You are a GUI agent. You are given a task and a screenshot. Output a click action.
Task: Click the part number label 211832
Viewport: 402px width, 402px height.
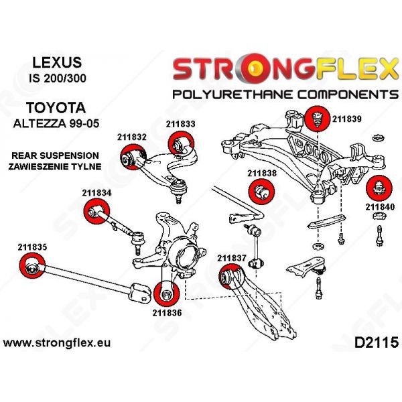(x=131, y=136)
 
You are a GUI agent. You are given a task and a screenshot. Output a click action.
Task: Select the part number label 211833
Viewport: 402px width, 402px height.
(x=181, y=124)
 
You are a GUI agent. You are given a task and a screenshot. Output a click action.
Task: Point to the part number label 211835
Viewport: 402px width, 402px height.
(x=32, y=247)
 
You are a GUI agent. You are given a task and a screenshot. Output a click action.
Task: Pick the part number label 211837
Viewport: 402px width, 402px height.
(x=232, y=257)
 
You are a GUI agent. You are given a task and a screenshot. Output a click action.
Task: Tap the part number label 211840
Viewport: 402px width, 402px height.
(x=380, y=206)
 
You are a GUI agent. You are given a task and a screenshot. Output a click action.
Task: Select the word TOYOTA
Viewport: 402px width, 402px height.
(x=56, y=107)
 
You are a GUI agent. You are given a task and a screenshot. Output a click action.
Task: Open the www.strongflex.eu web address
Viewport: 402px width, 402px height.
(x=57, y=343)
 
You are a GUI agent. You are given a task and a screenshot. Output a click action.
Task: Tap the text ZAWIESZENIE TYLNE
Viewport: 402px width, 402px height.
(x=56, y=165)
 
